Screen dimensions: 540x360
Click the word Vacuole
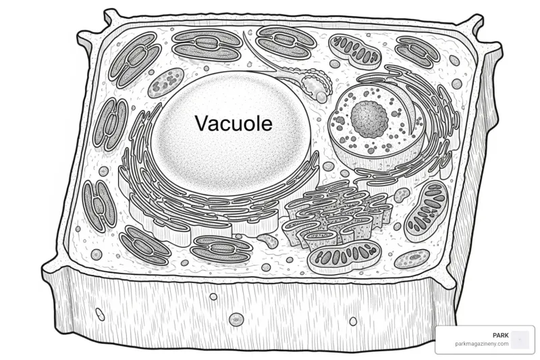234,123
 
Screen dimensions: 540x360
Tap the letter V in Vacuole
202,123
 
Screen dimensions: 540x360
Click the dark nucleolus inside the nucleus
369,118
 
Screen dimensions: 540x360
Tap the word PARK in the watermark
500,335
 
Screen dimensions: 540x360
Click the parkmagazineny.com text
481,344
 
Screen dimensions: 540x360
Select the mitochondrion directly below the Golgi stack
345,257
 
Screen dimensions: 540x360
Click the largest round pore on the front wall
236,319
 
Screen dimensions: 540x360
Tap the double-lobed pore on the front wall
100,314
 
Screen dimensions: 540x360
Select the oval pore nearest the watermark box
353,321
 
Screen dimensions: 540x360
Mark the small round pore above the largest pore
213,297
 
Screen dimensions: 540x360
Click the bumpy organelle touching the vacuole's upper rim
316,84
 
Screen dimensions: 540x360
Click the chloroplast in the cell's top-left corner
135,60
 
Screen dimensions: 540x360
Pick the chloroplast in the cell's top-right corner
417,51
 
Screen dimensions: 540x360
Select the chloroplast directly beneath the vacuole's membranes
221,249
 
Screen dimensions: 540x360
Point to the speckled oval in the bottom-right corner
412,259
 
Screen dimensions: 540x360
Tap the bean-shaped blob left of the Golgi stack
268,240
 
